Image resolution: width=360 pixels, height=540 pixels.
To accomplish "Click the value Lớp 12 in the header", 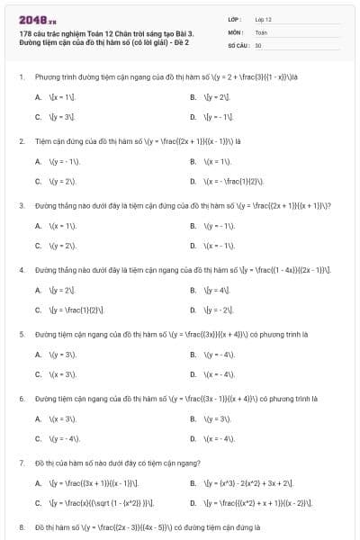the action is [x=263, y=19].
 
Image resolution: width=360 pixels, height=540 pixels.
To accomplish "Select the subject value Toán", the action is [x=261, y=31].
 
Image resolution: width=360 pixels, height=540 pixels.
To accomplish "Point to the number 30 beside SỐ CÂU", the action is [x=258, y=44].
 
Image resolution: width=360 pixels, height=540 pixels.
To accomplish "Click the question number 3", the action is [x=21, y=205].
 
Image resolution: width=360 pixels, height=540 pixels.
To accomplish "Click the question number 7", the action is [x=21, y=463].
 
